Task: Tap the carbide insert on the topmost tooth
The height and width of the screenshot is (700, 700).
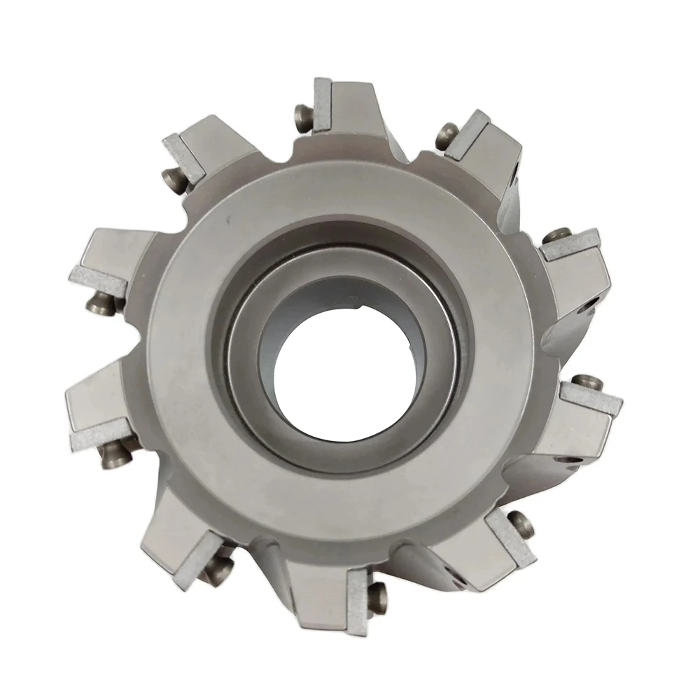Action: pyautogui.click(x=321, y=106)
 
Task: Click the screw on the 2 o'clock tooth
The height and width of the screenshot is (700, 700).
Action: pyautogui.click(x=557, y=236)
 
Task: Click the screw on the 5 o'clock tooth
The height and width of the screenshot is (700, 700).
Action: pyautogui.click(x=521, y=522)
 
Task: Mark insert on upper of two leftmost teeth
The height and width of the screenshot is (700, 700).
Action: pyautogui.click(x=98, y=281)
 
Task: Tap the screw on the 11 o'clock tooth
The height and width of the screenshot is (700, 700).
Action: pyautogui.click(x=178, y=181)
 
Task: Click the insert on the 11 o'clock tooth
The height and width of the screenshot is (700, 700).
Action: pyautogui.click(x=184, y=155)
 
